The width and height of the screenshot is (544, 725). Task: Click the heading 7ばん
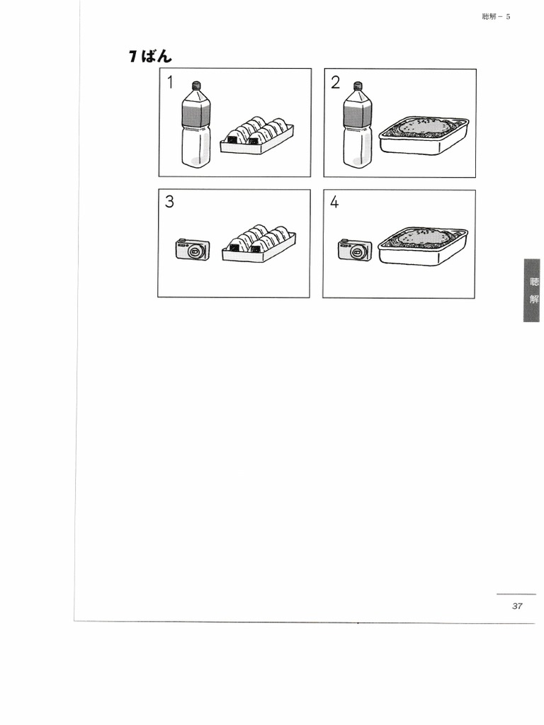[x=150, y=57]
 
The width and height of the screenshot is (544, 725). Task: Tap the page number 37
[x=517, y=606]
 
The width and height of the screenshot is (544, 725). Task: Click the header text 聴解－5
[x=496, y=17]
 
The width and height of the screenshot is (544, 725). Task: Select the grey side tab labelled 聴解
[x=532, y=290]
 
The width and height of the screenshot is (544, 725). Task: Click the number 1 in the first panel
[x=170, y=82]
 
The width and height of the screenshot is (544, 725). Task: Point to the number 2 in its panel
[x=335, y=82]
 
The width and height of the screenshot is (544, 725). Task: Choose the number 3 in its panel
[x=169, y=202]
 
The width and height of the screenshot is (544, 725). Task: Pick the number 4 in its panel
[x=334, y=202]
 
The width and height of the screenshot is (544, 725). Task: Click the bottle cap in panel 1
[x=196, y=85]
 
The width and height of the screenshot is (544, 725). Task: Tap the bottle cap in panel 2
[x=358, y=86]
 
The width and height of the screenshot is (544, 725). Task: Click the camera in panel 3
[x=193, y=249]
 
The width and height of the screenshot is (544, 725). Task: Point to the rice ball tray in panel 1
[x=256, y=135]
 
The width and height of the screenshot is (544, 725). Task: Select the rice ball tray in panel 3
[x=259, y=244]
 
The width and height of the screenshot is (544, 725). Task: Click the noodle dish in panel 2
[x=424, y=135]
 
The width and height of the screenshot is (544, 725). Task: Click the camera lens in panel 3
[x=195, y=251]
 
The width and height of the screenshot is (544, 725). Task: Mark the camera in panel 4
[x=355, y=250]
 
